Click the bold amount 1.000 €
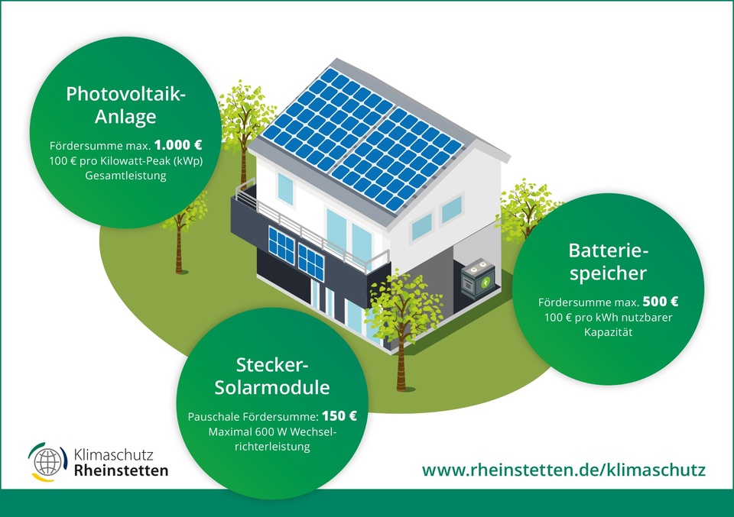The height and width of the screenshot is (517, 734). click(178, 145)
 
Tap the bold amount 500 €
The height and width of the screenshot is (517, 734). click(660, 302)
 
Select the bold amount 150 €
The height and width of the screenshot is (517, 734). click(339, 415)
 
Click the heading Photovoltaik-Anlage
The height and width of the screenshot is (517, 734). click(125, 105)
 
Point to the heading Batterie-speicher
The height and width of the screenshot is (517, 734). click(608, 262)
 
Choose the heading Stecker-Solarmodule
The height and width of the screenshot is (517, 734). click(272, 376)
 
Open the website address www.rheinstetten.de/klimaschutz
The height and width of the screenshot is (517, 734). click(563, 470)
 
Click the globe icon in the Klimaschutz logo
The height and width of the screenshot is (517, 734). click(47, 461)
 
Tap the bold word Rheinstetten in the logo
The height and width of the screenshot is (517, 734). click(122, 470)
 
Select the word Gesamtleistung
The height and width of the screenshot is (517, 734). click(125, 176)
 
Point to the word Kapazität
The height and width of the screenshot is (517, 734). click(608, 332)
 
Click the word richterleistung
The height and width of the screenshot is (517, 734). click(272, 447)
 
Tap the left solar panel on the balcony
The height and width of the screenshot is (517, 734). click(281, 244)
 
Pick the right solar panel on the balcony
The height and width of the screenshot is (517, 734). click(311, 262)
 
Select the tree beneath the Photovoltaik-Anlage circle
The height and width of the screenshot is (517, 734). click(183, 234)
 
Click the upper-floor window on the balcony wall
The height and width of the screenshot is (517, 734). click(285, 189)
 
